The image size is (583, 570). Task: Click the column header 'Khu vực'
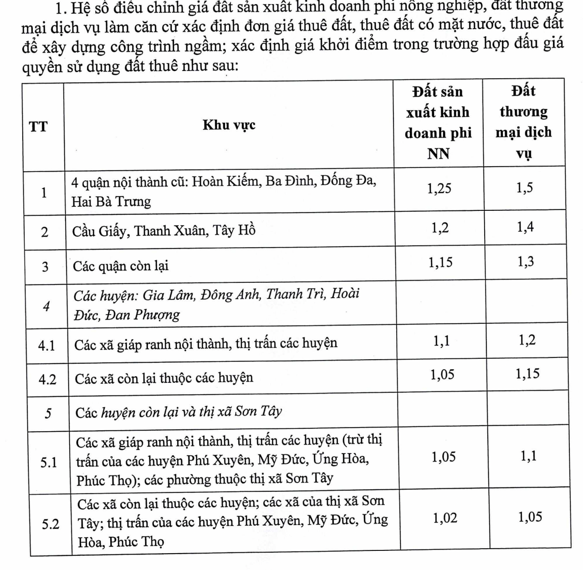[229, 125]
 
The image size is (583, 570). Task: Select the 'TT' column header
[38, 126]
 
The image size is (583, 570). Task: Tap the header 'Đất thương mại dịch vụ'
[523, 122]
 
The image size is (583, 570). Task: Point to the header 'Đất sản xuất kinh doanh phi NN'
[438, 122]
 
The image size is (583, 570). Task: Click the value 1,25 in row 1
[439, 188]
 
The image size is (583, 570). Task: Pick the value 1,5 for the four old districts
[525, 188]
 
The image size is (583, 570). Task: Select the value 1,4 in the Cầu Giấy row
[526, 227]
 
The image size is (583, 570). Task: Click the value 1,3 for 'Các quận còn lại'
[526, 262]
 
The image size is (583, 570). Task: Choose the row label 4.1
[46, 346]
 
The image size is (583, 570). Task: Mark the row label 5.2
[51, 524]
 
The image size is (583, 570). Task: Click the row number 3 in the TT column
[45, 267]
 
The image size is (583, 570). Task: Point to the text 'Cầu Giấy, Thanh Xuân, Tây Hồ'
[164, 231]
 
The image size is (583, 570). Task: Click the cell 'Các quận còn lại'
[121, 266]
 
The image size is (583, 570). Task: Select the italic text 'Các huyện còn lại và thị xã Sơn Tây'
[179, 412]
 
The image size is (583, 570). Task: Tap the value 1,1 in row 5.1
[529, 456]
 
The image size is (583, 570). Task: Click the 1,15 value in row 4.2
[527, 374]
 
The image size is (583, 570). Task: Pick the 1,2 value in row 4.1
[527, 340]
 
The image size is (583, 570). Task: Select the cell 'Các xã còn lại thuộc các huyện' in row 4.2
[164, 378]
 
